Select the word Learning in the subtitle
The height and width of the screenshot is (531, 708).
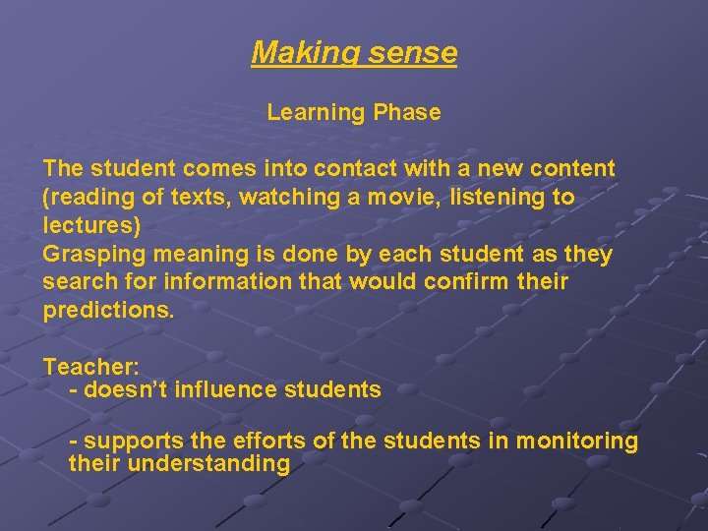pos(316,112)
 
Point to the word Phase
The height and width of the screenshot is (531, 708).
pos(407,112)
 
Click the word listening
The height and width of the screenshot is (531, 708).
pos(500,197)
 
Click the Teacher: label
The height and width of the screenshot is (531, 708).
pos(90,367)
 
